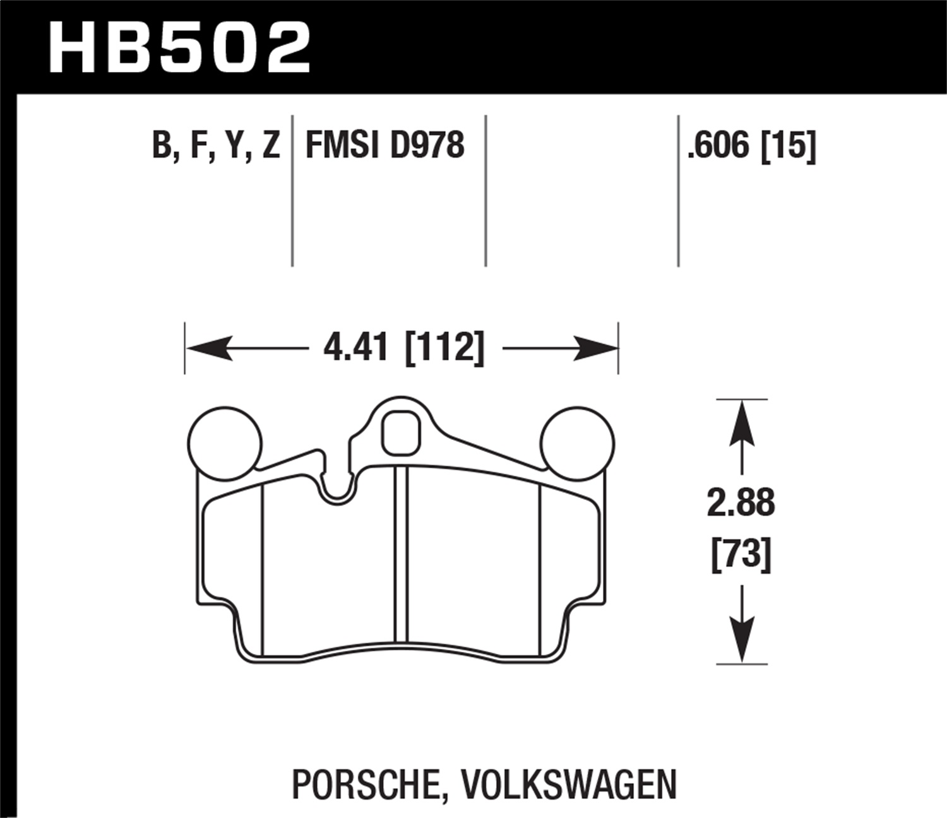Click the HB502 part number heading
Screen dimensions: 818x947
[179, 48]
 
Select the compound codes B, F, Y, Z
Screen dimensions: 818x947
[216, 145]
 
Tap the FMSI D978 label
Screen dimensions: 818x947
[384, 145]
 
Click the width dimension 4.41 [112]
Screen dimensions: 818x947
[403, 347]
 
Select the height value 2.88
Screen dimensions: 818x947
[741, 504]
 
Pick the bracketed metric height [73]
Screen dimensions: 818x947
[741, 555]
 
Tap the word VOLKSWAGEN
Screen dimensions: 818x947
[569, 785]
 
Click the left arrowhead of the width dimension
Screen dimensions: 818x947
[208, 348]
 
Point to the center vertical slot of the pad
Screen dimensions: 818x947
[401, 555]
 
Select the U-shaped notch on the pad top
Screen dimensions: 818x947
[337, 486]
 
